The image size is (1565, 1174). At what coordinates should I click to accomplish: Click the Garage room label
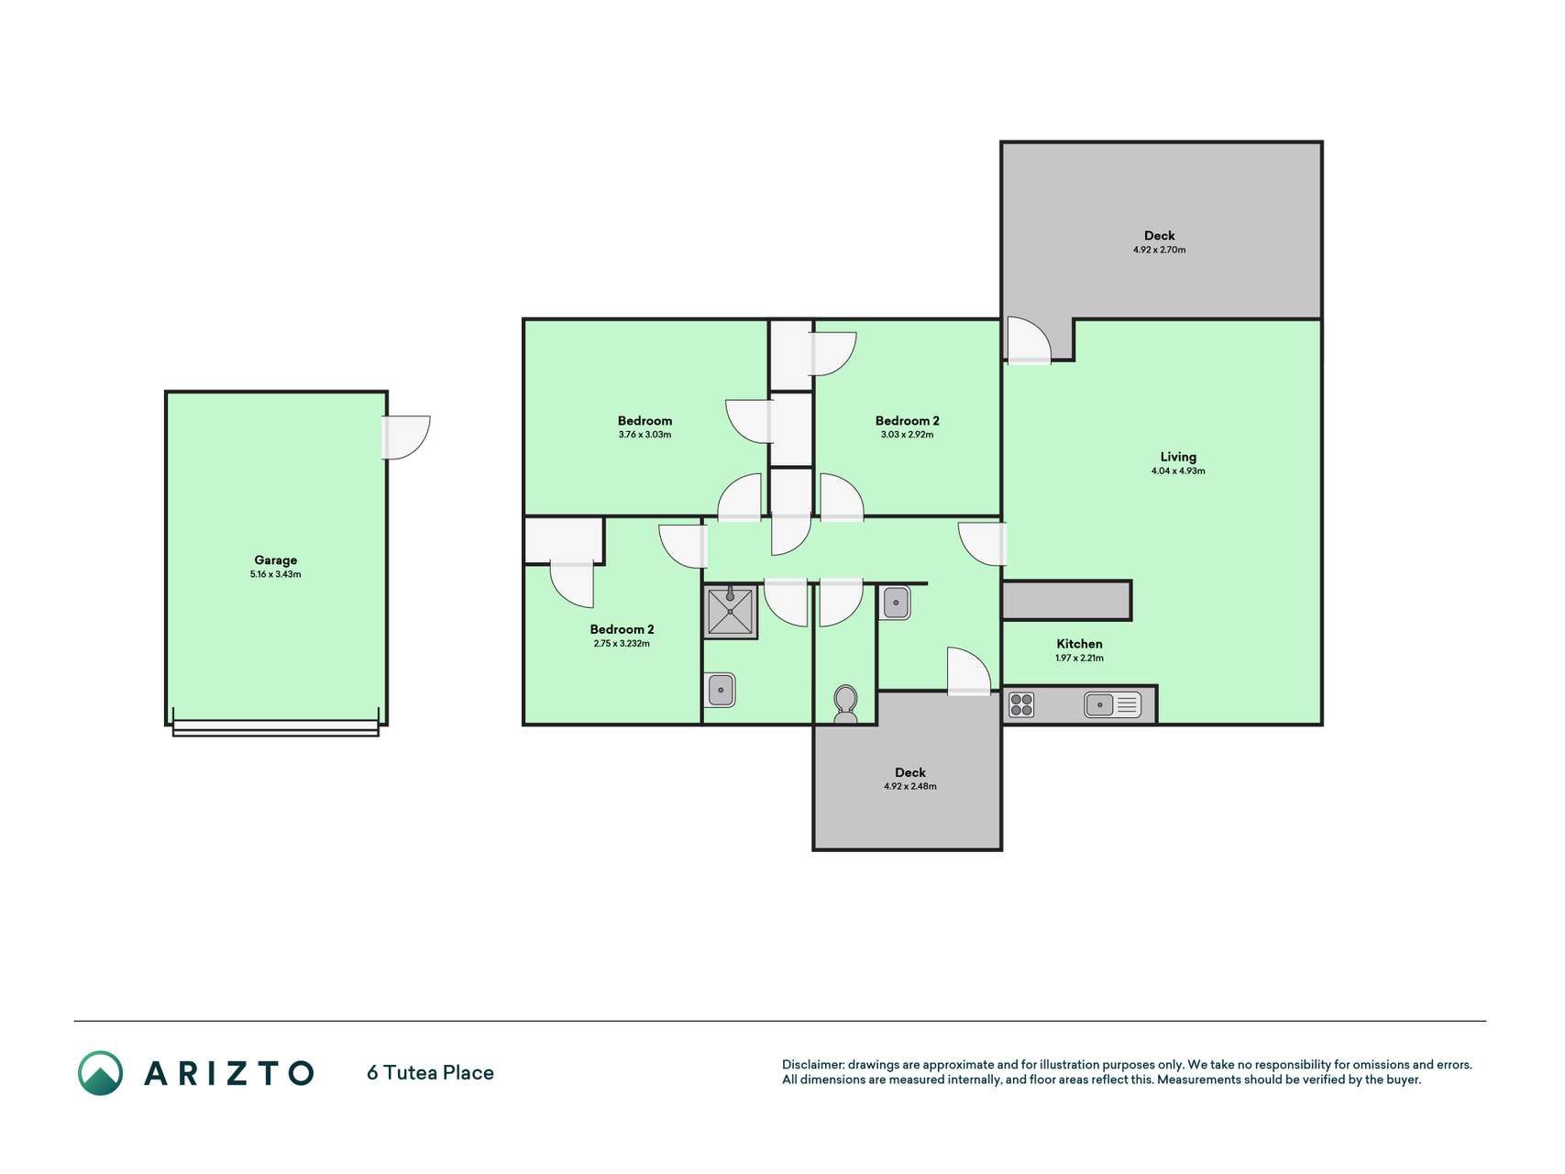pos(275,559)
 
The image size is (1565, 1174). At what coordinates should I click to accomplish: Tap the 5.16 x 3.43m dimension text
pos(275,574)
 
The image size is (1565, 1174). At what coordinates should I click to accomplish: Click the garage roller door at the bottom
pos(275,728)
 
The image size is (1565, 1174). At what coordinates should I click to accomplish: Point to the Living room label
pos(1178,457)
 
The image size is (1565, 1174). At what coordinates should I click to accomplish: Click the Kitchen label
pos(1079,644)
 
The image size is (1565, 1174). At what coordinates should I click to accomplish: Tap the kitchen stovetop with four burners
pos(1021,704)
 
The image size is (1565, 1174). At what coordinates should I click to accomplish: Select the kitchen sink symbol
pos(1112,704)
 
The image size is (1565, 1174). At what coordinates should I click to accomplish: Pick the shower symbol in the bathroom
pos(731,612)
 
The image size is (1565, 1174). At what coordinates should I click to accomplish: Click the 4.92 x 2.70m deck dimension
pos(1159,249)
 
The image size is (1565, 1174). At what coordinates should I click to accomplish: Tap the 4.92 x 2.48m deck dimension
pos(909,786)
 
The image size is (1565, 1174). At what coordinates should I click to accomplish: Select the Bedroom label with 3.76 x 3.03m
pos(645,421)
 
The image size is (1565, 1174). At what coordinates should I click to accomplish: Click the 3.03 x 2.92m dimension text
pos(907,435)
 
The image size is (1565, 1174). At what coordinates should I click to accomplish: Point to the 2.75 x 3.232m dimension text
pos(622,644)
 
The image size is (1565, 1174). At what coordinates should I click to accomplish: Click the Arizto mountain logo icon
pos(100,1073)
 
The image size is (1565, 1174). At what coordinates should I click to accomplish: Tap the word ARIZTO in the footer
pos(228,1073)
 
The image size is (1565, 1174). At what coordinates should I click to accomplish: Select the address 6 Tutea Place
pos(430,1073)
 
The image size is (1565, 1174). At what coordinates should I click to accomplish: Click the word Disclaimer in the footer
pos(812,1065)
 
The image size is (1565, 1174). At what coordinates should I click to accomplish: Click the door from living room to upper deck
pos(1028,340)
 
